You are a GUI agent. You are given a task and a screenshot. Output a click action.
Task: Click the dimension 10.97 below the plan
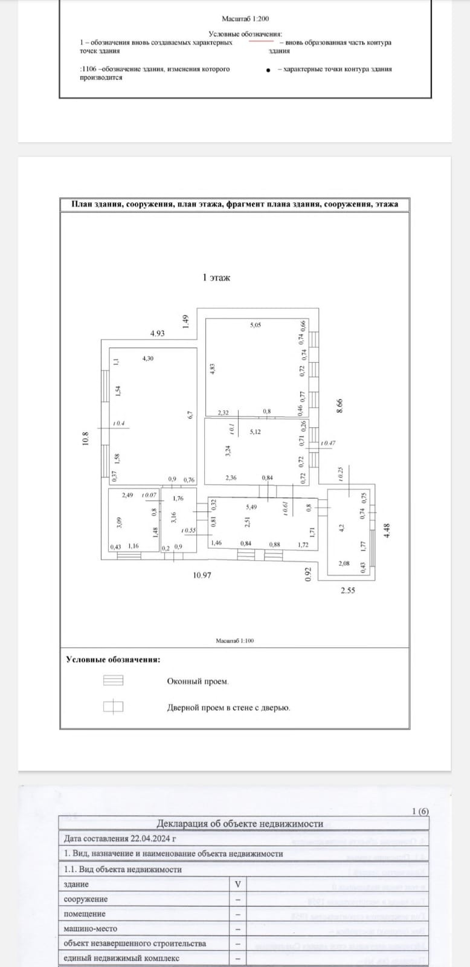(202, 575)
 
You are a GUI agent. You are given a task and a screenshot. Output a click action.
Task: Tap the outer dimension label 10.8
(86, 438)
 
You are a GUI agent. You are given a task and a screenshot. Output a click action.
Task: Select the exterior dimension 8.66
(340, 405)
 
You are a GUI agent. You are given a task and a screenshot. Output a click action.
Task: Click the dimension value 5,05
(256, 325)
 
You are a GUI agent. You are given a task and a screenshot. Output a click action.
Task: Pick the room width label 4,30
(147, 358)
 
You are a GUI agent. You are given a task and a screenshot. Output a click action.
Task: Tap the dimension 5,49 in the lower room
(251, 507)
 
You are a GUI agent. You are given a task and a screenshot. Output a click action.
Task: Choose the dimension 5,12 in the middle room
(256, 432)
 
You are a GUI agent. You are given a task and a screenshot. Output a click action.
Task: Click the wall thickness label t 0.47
(329, 444)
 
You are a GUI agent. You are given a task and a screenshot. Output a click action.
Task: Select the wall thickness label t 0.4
(118, 424)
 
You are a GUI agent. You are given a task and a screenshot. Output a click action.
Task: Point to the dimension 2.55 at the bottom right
(347, 590)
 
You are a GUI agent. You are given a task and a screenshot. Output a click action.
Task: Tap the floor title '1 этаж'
(216, 278)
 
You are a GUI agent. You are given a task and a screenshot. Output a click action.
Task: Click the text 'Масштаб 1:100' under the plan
(234, 641)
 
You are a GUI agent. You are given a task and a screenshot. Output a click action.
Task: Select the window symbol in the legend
(113, 681)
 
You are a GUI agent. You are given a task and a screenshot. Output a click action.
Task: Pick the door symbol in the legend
(113, 706)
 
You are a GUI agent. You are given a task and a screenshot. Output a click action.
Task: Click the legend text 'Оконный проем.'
(198, 681)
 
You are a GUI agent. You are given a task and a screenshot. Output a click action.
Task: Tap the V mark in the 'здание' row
(238, 884)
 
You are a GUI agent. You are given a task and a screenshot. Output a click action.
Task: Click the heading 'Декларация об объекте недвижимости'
(240, 824)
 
